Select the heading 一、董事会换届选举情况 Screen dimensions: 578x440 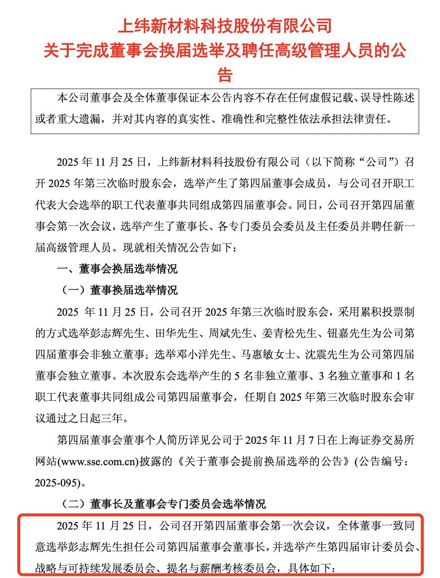coord(117,270)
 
